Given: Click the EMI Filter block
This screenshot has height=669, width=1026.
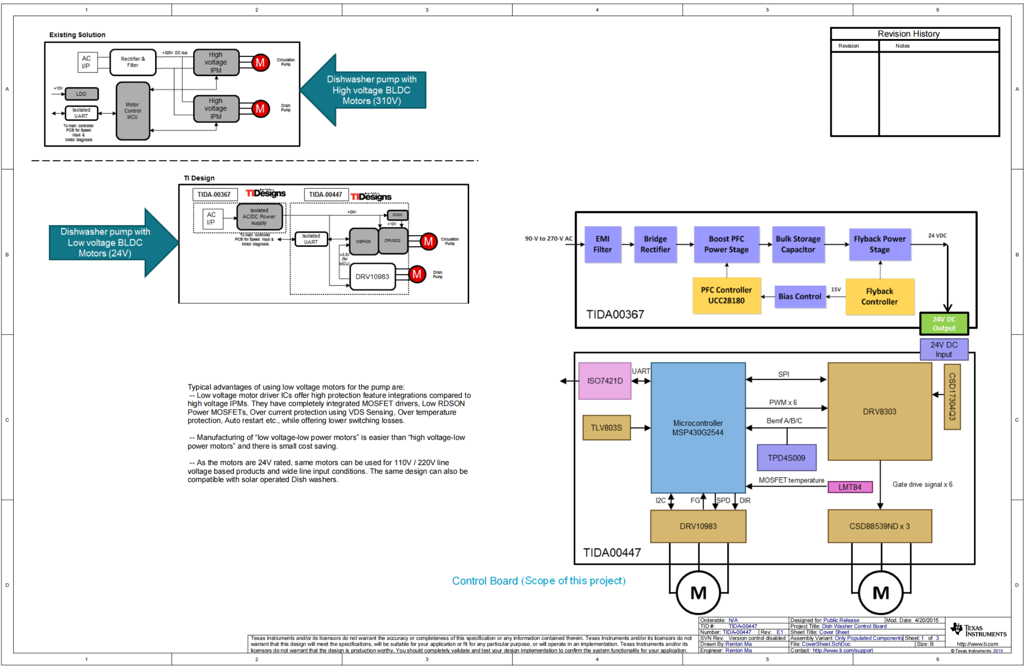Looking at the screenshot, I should (x=602, y=244).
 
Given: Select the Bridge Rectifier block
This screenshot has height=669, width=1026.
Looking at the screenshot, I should (x=655, y=244).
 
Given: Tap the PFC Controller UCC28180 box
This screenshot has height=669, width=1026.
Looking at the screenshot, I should (x=726, y=296).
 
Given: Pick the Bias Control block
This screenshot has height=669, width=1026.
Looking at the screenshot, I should (x=800, y=297).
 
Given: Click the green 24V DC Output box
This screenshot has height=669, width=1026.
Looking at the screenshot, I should (x=944, y=324).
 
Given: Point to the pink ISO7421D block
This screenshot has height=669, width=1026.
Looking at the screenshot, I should (x=605, y=381).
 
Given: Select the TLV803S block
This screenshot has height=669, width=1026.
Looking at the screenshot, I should (x=606, y=428).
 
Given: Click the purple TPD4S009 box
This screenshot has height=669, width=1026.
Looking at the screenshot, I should (x=786, y=458).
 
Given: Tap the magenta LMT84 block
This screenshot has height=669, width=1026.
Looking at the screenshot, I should (x=850, y=487).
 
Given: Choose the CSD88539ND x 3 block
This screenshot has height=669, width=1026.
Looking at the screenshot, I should (x=880, y=526).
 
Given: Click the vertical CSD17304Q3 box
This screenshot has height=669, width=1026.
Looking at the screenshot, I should (x=952, y=397).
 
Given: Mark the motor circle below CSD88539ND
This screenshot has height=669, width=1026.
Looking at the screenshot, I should (x=880, y=593).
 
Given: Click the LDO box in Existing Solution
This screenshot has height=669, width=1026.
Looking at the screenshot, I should (x=82, y=94).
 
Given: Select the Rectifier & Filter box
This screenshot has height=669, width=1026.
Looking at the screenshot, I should (x=133, y=63).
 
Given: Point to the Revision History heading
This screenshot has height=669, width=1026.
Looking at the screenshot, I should (x=908, y=34).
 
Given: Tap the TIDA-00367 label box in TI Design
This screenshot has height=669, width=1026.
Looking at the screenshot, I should (x=214, y=195).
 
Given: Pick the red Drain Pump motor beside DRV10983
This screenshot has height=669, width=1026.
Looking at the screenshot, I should (x=417, y=274).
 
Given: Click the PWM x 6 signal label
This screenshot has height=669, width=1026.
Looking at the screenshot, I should (x=783, y=403).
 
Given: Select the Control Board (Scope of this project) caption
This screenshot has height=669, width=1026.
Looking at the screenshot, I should (x=539, y=581).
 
